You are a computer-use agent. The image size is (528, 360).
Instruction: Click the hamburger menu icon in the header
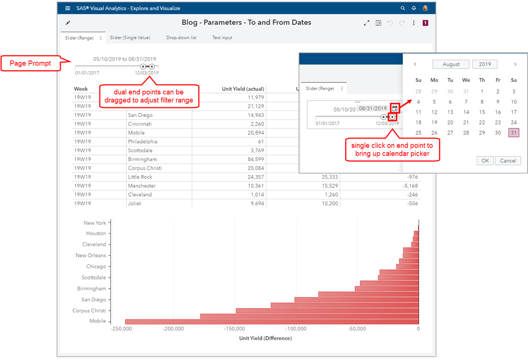tap(68, 8)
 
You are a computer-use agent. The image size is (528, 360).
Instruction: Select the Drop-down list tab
tap(181, 38)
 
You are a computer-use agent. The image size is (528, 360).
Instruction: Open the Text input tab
tap(222, 38)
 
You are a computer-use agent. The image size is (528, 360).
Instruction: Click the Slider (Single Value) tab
tap(131, 38)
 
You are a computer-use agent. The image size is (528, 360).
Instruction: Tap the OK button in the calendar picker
tap(485, 161)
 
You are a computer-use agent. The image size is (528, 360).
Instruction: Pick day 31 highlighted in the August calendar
tap(513, 133)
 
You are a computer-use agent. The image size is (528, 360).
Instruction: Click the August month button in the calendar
tap(451, 64)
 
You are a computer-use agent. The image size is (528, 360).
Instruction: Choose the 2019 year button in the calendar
tap(485, 64)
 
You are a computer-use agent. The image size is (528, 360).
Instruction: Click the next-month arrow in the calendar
tap(515, 64)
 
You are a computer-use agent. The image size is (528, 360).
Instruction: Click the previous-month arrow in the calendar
tap(415, 64)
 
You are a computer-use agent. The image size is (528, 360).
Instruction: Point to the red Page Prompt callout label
tap(33, 63)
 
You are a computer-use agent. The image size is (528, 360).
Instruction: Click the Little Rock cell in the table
tap(140, 177)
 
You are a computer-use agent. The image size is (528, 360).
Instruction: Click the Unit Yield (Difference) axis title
tap(265, 338)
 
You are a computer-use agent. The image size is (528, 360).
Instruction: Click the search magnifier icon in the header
tap(403, 8)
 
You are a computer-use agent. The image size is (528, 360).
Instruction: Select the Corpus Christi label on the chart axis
tap(89, 311)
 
